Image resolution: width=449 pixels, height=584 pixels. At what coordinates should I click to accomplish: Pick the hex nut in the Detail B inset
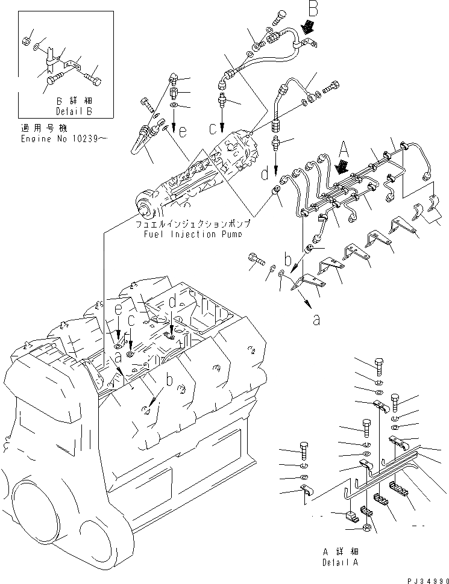coord(26,41)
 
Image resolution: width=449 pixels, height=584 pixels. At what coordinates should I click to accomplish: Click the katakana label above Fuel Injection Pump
coord(193,224)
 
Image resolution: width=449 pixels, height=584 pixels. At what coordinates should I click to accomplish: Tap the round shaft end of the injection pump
coord(145,210)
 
